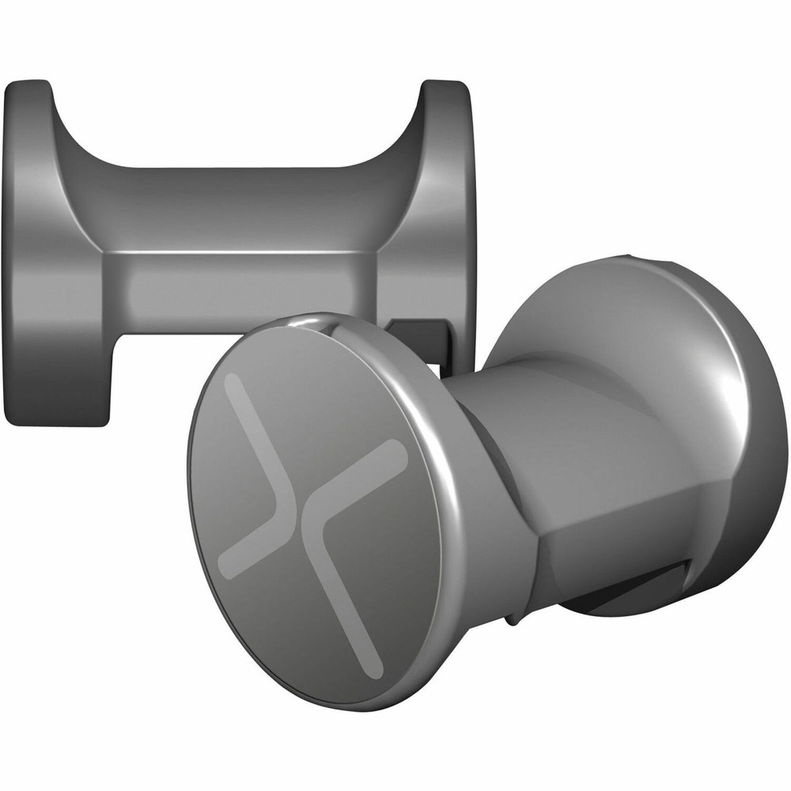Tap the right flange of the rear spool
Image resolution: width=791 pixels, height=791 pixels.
[x=443, y=198]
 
